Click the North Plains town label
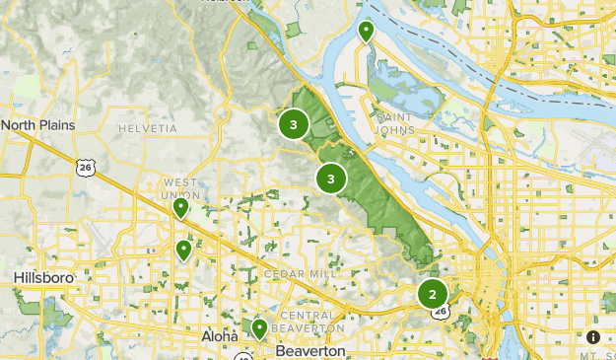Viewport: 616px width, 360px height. (x=37, y=125)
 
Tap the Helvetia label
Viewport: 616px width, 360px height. (x=147, y=128)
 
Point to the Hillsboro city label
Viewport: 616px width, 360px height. (x=44, y=279)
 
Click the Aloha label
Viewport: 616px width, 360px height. (x=220, y=336)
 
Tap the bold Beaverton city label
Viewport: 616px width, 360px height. (x=310, y=350)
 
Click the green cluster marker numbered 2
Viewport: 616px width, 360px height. (x=432, y=294)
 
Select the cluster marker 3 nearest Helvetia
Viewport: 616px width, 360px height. (x=293, y=124)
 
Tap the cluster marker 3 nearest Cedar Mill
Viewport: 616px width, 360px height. (x=331, y=179)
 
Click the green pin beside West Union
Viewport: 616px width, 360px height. (x=181, y=208)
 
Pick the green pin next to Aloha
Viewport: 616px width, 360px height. (x=258, y=327)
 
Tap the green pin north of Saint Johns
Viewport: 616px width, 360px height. (x=367, y=32)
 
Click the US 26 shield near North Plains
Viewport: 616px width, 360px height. (x=87, y=169)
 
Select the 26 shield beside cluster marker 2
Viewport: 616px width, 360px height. (x=440, y=313)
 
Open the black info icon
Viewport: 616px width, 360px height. (x=593, y=337)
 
